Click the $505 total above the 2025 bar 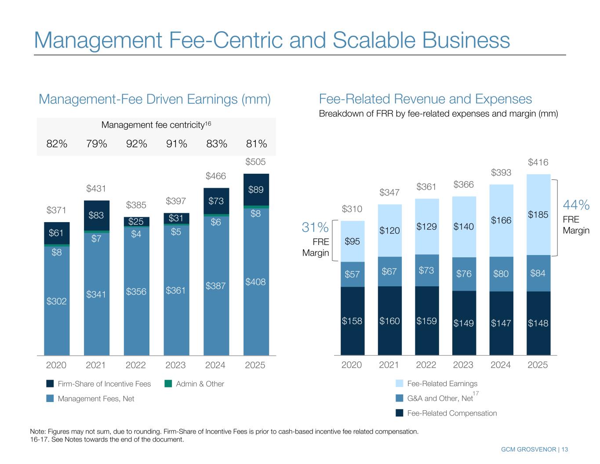[x=255, y=163]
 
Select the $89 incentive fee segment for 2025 [x=255, y=190]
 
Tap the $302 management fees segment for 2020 [x=56, y=301]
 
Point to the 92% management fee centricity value [x=136, y=144]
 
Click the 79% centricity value [x=97, y=144]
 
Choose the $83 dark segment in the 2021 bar [x=96, y=215]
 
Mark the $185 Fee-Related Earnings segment [x=538, y=215]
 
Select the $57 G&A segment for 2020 [x=352, y=274]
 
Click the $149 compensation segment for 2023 [x=464, y=323]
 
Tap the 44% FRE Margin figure [x=576, y=205]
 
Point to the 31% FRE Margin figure [x=315, y=227]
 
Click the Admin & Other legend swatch [x=168, y=384]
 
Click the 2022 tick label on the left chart [x=136, y=365]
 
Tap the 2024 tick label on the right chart [x=501, y=365]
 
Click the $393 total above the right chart [x=501, y=173]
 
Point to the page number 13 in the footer [x=564, y=449]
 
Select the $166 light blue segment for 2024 [x=501, y=220]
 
